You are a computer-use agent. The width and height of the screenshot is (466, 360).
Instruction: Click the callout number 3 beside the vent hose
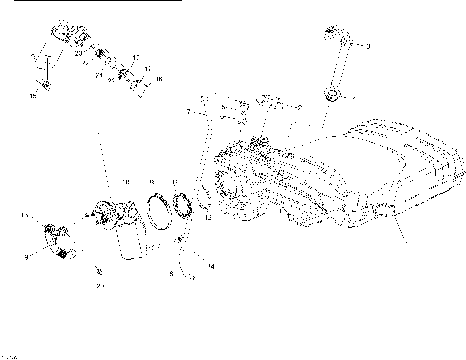368,46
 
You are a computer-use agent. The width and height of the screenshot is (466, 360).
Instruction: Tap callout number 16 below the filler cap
33,96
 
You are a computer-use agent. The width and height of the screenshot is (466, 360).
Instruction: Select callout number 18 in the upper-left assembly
159,77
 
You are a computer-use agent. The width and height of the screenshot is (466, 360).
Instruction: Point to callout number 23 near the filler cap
77,53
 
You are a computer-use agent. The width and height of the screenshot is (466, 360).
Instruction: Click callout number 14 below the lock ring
211,265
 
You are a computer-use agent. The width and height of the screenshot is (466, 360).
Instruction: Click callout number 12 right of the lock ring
206,219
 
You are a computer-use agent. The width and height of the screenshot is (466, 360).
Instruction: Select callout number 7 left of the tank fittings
188,114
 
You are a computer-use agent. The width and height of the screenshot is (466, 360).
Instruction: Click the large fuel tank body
369,175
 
